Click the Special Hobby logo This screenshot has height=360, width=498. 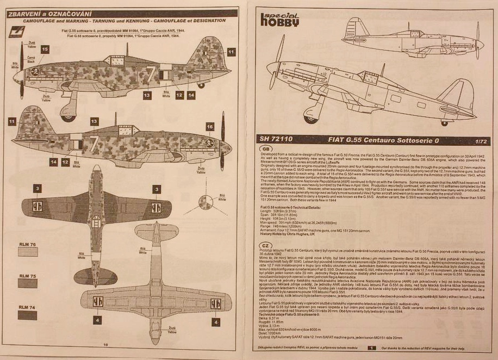pos(280,18)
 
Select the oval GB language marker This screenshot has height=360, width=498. pos(266,148)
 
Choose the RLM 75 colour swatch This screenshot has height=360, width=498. pos(27,283)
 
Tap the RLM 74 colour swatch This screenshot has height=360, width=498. pos(27,315)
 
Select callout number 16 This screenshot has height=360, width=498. pos(210,127)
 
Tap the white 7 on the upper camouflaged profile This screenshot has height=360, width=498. pos(151,75)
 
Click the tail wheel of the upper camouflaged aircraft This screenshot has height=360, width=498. pos(201,84)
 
